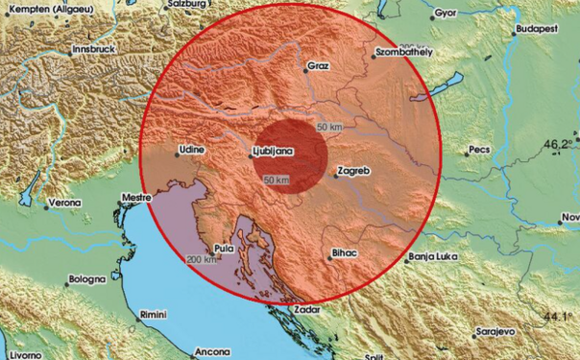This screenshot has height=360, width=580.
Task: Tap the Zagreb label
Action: [x=353, y=171]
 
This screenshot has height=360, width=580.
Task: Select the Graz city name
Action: [x=318, y=67]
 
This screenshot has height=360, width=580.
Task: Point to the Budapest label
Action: [x=538, y=30]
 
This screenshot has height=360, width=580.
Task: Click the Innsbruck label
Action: [x=98, y=46]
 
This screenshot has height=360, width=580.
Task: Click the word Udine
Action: [x=193, y=151]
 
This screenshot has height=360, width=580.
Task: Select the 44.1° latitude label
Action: [x=561, y=317]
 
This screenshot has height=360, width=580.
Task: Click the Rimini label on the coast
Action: [x=152, y=314]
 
